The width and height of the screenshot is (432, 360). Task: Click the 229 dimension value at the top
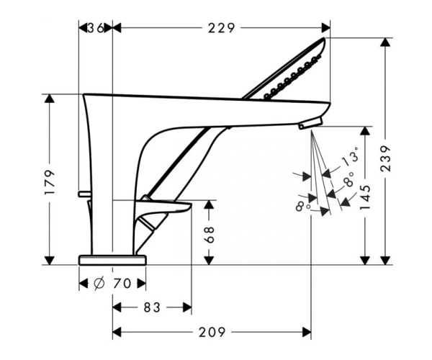point(222,28)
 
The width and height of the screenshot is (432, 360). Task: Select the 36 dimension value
point(96,28)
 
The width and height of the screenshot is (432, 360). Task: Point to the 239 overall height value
point(385,159)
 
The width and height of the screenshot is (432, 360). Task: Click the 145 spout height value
point(366,197)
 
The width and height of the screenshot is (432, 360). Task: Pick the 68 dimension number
point(210,235)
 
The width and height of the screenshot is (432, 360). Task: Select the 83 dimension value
point(152,307)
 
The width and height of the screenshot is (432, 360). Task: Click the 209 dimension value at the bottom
point(212,332)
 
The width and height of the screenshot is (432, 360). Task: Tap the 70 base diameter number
point(122,284)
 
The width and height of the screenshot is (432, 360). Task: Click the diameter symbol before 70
point(99,284)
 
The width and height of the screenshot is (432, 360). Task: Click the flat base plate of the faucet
point(112,260)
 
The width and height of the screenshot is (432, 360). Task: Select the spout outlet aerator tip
point(310,123)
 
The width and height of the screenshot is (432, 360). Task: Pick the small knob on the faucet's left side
point(84,194)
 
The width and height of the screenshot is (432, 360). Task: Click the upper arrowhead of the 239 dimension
point(385,42)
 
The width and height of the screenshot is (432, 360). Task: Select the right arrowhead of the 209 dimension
point(307,332)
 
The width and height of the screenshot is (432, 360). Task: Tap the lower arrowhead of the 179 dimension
point(49,261)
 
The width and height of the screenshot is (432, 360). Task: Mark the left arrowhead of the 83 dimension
point(117,307)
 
